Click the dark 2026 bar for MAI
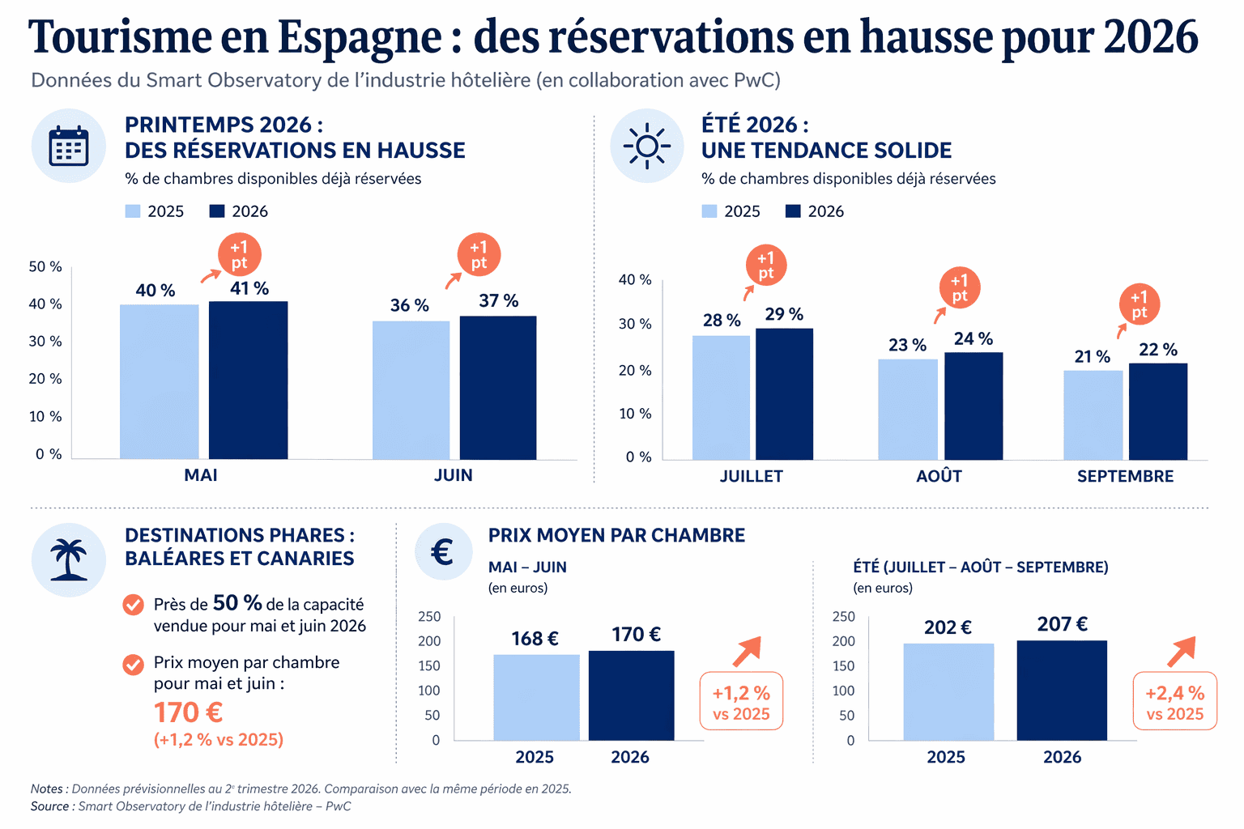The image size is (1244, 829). coord(248,380)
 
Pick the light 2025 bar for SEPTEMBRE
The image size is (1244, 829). coord(1093,414)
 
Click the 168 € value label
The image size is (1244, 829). coord(535,639)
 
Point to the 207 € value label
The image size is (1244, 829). coord(1062,624)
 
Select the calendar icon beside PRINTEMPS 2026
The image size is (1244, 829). coord(69,147)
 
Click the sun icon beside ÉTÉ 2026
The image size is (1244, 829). coord(647,147)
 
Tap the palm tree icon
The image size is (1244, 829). coord(69,560)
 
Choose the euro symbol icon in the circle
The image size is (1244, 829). coord(443,553)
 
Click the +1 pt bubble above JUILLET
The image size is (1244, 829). coord(765,266)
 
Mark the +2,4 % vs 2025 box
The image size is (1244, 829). coord(1174,701)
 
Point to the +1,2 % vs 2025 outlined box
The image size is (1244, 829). coord(741,701)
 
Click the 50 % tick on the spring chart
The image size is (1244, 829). coord(45,267)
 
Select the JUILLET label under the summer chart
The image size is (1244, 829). coord(751,476)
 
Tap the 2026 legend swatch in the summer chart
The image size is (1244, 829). coord(793,211)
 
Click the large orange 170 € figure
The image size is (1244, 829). coord(188,712)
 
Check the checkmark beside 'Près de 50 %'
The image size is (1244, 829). coord(133,605)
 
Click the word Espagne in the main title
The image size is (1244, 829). coord(360,37)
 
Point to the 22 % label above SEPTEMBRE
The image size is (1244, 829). coord(1157,350)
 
